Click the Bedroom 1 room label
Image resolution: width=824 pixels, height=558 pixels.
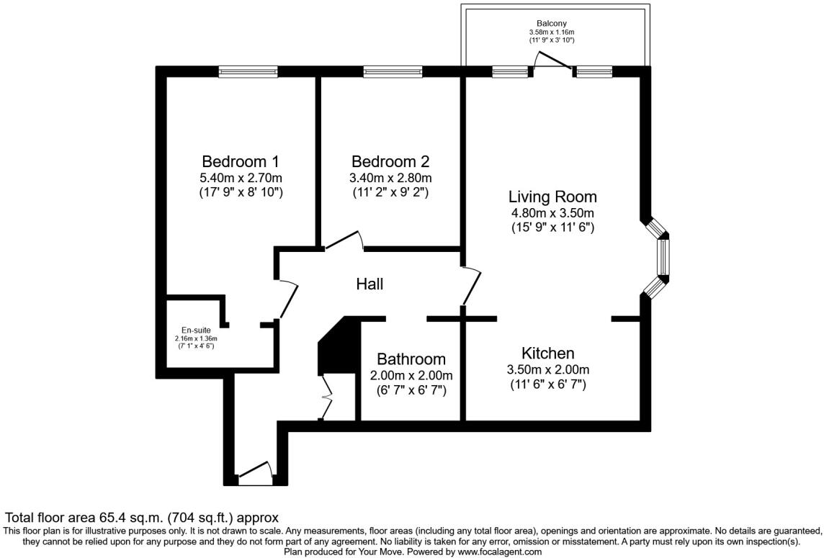[240, 161]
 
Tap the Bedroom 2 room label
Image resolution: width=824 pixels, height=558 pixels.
[390, 161]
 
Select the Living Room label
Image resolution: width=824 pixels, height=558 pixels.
[552, 197]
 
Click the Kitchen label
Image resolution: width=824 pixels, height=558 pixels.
[548, 354]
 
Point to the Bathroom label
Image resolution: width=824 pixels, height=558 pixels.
[411, 359]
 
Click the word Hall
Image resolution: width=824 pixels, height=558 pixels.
[370, 284]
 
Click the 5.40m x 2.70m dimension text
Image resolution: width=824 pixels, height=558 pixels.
[240, 178]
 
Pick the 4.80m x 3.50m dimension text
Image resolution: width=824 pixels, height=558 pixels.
[552, 213]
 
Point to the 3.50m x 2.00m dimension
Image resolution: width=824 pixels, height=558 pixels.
[548, 370]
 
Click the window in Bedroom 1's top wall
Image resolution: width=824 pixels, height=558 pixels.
[248, 71]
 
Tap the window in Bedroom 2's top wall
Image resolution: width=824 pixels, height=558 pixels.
[393, 71]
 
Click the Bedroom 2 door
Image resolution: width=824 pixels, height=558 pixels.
[343, 240]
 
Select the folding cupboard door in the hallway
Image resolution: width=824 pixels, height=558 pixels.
[326, 396]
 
